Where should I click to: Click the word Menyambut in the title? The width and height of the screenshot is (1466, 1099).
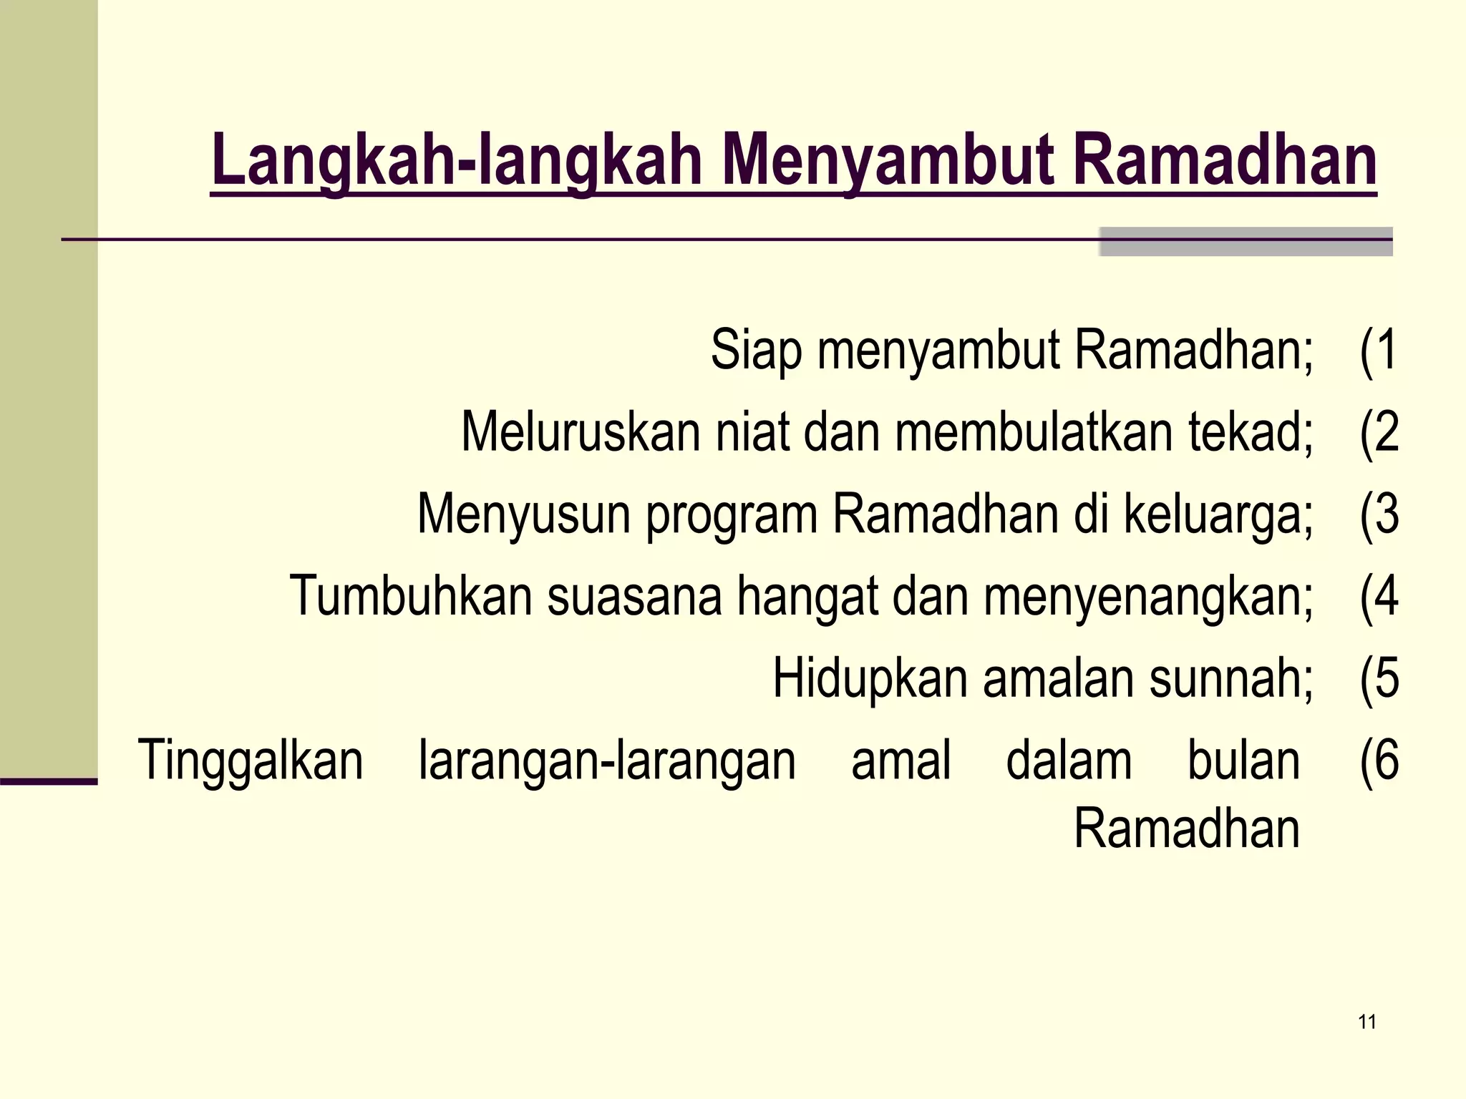(888, 161)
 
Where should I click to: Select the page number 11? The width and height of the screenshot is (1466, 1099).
(1367, 1022)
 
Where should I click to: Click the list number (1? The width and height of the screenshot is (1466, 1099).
(1378, 351)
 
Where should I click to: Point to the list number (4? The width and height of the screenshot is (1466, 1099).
(1379, 596)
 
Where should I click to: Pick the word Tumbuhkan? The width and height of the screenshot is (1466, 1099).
(411, 596)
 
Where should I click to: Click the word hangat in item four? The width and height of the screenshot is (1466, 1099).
(807, 597)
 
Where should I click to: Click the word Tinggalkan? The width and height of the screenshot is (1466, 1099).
(251, 761)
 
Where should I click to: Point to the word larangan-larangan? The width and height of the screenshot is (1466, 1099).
(607, 761)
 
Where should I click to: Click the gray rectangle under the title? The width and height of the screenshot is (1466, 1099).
(1246, 242)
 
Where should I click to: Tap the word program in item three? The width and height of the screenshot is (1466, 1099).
(732, 515)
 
